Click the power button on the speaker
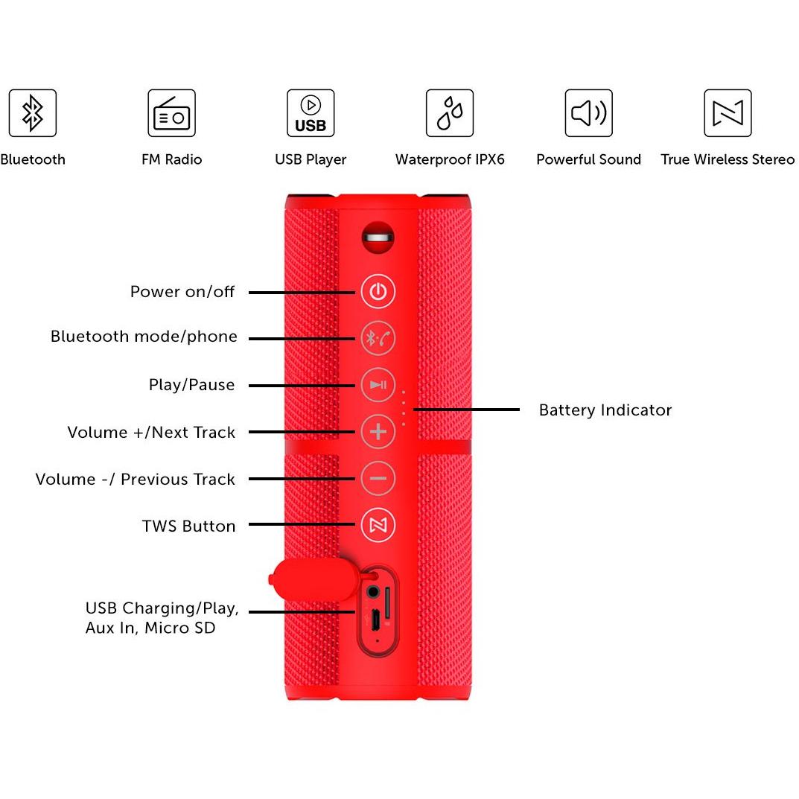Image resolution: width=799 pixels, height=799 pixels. pyautogui.click(x=378, y=291)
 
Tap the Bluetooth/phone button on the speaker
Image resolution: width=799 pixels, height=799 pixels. pyautogui.click(x=378, y=338)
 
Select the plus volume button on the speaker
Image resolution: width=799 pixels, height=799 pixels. pyautogui.click(x=378, y=432)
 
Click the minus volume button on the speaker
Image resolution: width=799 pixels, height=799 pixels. pyautogui.click(x=378, y=479)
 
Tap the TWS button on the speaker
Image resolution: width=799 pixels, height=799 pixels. pyautogui.click(x=378, y=525)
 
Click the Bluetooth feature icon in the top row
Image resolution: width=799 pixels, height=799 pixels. pyautogui.click(x=33, y=113)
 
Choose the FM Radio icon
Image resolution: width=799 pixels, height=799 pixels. pyautogui.click(x=172, y=113)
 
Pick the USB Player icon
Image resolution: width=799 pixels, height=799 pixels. pyautogui.click(x=311, y=113)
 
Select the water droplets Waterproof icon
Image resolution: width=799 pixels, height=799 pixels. pyautogui.click(x=450, y=113)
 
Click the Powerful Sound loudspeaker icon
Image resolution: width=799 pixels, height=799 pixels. pyautogui.click(x=588, y=113)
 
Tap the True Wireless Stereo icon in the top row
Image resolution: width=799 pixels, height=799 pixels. pyautogui.click(x=728, y=113)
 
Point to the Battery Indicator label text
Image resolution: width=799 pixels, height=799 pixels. pyautogui.click(x=605, y=410)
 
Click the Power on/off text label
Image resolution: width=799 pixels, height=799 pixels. pyautogui.click(x=182, y=291)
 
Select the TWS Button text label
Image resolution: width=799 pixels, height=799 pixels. pyautogui.click(x=188, y=526)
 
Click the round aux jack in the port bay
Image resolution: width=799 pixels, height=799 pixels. pyautogui.click(x=373, y=592)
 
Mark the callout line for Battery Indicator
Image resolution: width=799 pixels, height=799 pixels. pyautogui.click(x=466, y=410)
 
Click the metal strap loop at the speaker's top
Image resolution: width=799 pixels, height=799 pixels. pyautogui.click(x=378, y=238)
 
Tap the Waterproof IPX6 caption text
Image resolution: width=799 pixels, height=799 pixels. pyautogui.click(x=450, y=159)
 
